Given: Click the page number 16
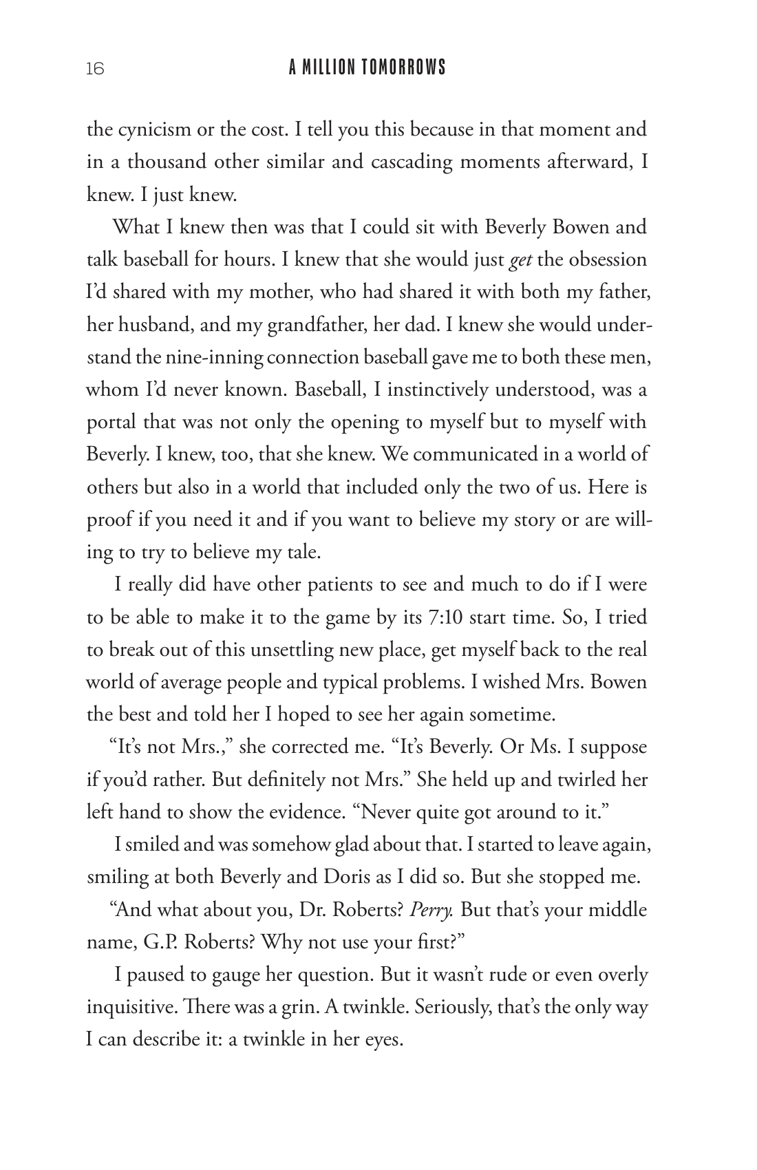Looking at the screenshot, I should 95,69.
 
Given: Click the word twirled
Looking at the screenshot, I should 586,780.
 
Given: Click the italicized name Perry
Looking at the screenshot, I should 431,910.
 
